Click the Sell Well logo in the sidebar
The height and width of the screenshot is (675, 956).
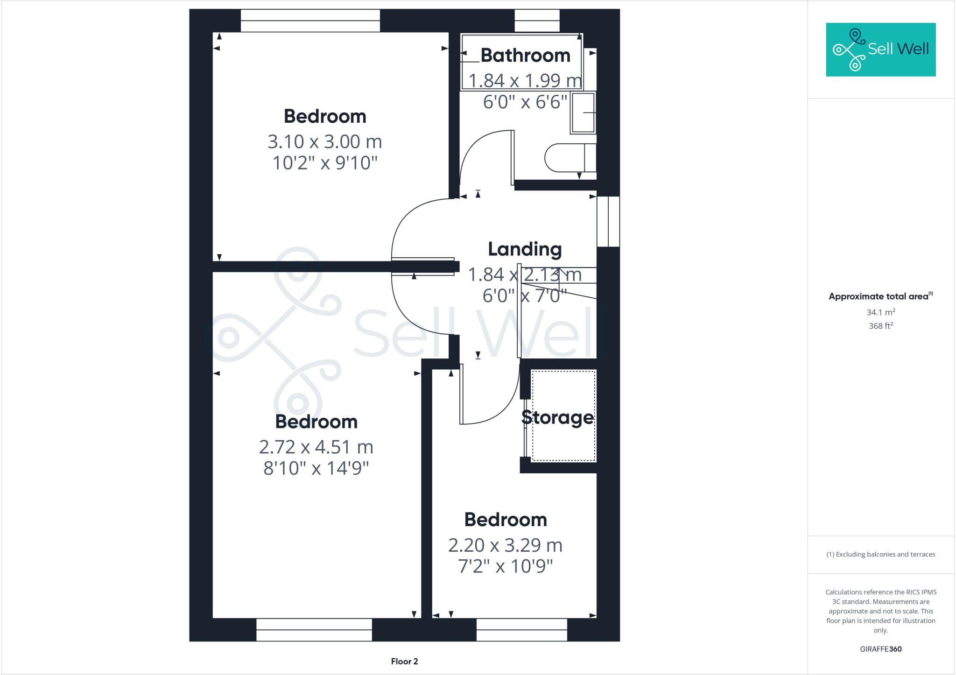(880, 49)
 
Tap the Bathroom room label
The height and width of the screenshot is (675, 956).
(525, 56)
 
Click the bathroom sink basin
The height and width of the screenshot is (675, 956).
(583, 112)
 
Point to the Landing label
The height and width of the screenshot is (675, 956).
(524, 249)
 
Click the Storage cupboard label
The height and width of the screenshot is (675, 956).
(557, 417)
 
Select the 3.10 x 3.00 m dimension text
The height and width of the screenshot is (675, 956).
(324, 141)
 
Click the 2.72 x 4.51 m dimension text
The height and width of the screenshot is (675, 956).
(316, 447)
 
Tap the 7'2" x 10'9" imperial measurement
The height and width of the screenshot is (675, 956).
(505, 567)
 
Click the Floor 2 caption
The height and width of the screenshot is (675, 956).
(404, 661)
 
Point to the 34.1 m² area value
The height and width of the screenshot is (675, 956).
(880, 312)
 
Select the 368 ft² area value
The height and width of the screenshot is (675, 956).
(880, 326)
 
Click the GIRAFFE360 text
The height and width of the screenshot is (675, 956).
(880, 649)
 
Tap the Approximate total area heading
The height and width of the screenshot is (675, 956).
(879, 296)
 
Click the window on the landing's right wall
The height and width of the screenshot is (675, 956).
(608, 221)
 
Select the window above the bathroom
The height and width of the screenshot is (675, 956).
(537, 21)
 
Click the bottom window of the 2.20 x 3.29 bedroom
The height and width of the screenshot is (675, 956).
(521, 630)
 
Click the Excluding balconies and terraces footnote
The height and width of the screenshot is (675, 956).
(880, 555)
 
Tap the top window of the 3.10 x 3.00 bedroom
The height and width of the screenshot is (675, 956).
(310, 21)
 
